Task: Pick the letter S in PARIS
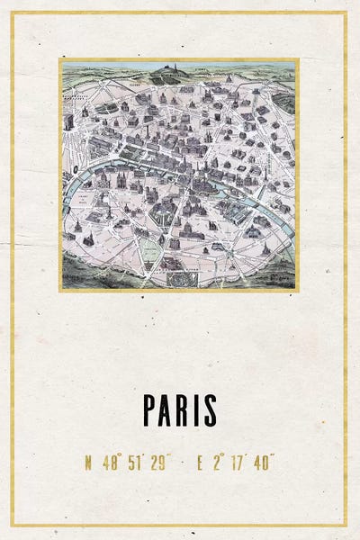(210, 410)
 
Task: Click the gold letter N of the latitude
(88, 464)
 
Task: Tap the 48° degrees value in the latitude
(112, 464)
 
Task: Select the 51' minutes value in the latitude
(136, 464)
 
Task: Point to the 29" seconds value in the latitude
(161, 464)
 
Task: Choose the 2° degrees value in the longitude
(219, 464)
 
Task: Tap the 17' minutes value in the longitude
(237, 464)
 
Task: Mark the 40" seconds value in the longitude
(263, 464)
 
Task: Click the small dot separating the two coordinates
(184, 464)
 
